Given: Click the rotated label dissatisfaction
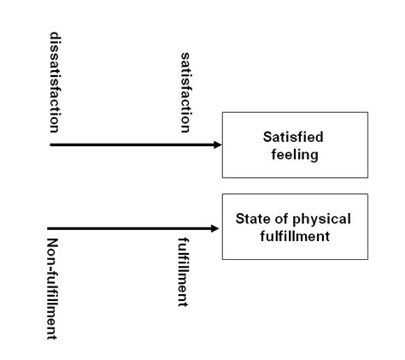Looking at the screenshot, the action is [x=55, y=82].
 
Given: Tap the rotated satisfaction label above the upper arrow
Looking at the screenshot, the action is [x=185, y=92].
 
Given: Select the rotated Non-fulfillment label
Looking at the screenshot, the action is [x=51, y=289].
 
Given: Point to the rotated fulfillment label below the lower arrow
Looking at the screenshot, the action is [x=183, y=272].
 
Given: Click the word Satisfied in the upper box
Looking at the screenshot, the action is [x=293, y=137].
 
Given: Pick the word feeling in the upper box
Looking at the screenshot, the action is [x=295, y=155].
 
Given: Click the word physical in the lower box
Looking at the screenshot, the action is [x=321, y=219].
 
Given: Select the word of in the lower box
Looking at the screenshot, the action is [x=281, y=219].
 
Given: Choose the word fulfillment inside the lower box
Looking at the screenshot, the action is [x=295, y=236].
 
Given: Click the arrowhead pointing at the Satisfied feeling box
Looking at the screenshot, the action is [x=217, y=145].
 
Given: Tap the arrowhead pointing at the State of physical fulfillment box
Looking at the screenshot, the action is [x=214, y=228].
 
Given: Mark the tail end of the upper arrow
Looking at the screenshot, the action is [x=50, y=145].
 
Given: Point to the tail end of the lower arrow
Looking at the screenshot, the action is [x=48, y=228].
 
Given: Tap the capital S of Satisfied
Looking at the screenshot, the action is [x=267, y=137].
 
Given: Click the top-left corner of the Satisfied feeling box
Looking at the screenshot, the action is [x=222, y=112].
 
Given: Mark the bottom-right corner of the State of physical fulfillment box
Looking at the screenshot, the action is [x=367, y=259].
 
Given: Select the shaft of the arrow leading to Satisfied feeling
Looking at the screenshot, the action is [x=132, y=145].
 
